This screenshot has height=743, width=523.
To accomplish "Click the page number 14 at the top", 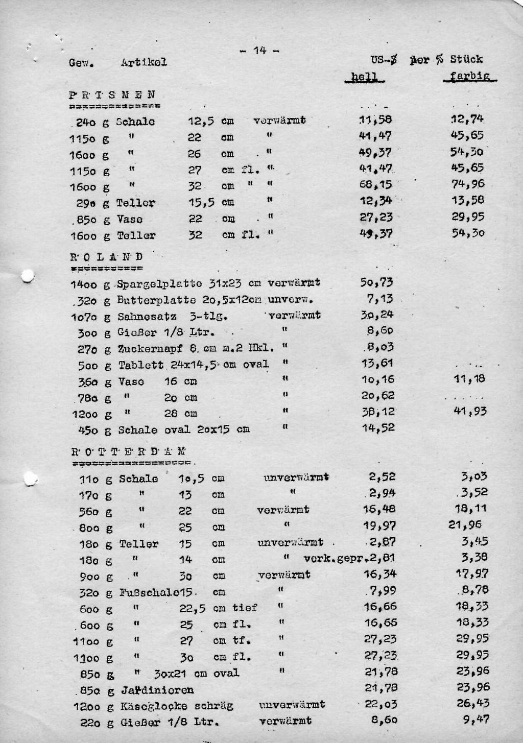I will point(259,50).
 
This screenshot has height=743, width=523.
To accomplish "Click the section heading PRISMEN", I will point(112,95).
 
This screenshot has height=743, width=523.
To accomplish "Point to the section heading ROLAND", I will point(106,256).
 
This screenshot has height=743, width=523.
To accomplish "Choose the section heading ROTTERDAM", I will point(128,451).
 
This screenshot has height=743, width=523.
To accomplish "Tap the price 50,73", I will point(377,282).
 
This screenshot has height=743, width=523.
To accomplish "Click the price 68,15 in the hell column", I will point(376,184).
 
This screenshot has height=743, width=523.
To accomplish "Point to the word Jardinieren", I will point(157,690).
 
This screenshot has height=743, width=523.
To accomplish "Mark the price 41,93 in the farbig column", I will point(470,411).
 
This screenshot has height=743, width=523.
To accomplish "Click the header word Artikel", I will point(144,62).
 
